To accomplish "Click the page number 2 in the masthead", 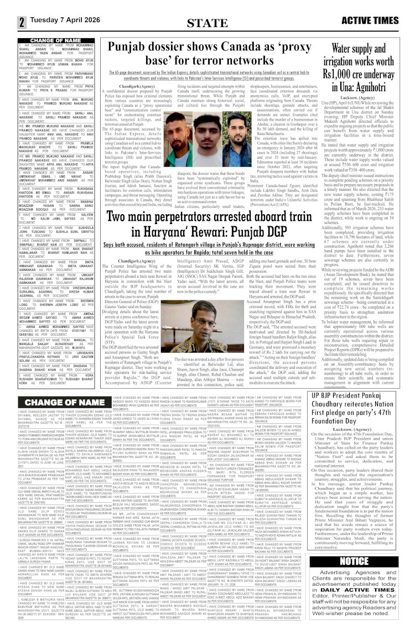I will pyautogui.click(x=21, y=22).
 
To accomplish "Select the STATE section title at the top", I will pyautogui.click(x=207, y=23).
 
